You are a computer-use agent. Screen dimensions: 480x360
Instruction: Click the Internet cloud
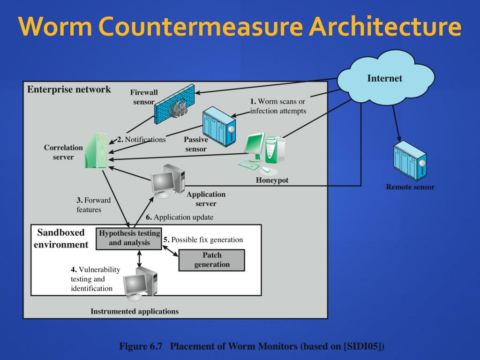point(386,79)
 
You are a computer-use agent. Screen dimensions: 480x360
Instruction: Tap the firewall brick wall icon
point(174,104)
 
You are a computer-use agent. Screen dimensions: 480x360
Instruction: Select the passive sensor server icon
point(219,127)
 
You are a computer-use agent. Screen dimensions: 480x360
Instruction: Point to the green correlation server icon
point(96,150)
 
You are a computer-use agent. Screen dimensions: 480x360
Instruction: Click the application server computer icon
point(168,181)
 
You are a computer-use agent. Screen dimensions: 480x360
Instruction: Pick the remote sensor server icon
point(410,161)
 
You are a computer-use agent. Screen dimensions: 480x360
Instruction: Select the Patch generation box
point(212,260)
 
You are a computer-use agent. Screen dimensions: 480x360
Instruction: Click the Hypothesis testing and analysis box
point(129,239)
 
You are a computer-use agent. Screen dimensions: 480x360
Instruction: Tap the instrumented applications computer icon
point(141,284)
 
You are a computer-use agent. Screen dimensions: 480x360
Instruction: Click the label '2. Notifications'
point(142,140)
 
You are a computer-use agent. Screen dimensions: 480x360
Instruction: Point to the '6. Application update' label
point(180,217)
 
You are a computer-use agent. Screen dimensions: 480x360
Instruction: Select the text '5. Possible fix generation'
point(203,240)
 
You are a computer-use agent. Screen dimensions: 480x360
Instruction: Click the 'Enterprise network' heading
point(69,90)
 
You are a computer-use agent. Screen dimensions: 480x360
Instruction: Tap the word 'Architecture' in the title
point(385,26)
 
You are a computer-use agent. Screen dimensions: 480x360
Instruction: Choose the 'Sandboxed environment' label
point(61,239)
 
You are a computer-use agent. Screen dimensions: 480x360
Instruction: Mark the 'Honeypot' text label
point(272,180)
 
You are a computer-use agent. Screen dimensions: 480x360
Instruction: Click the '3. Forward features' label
point(93,205)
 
